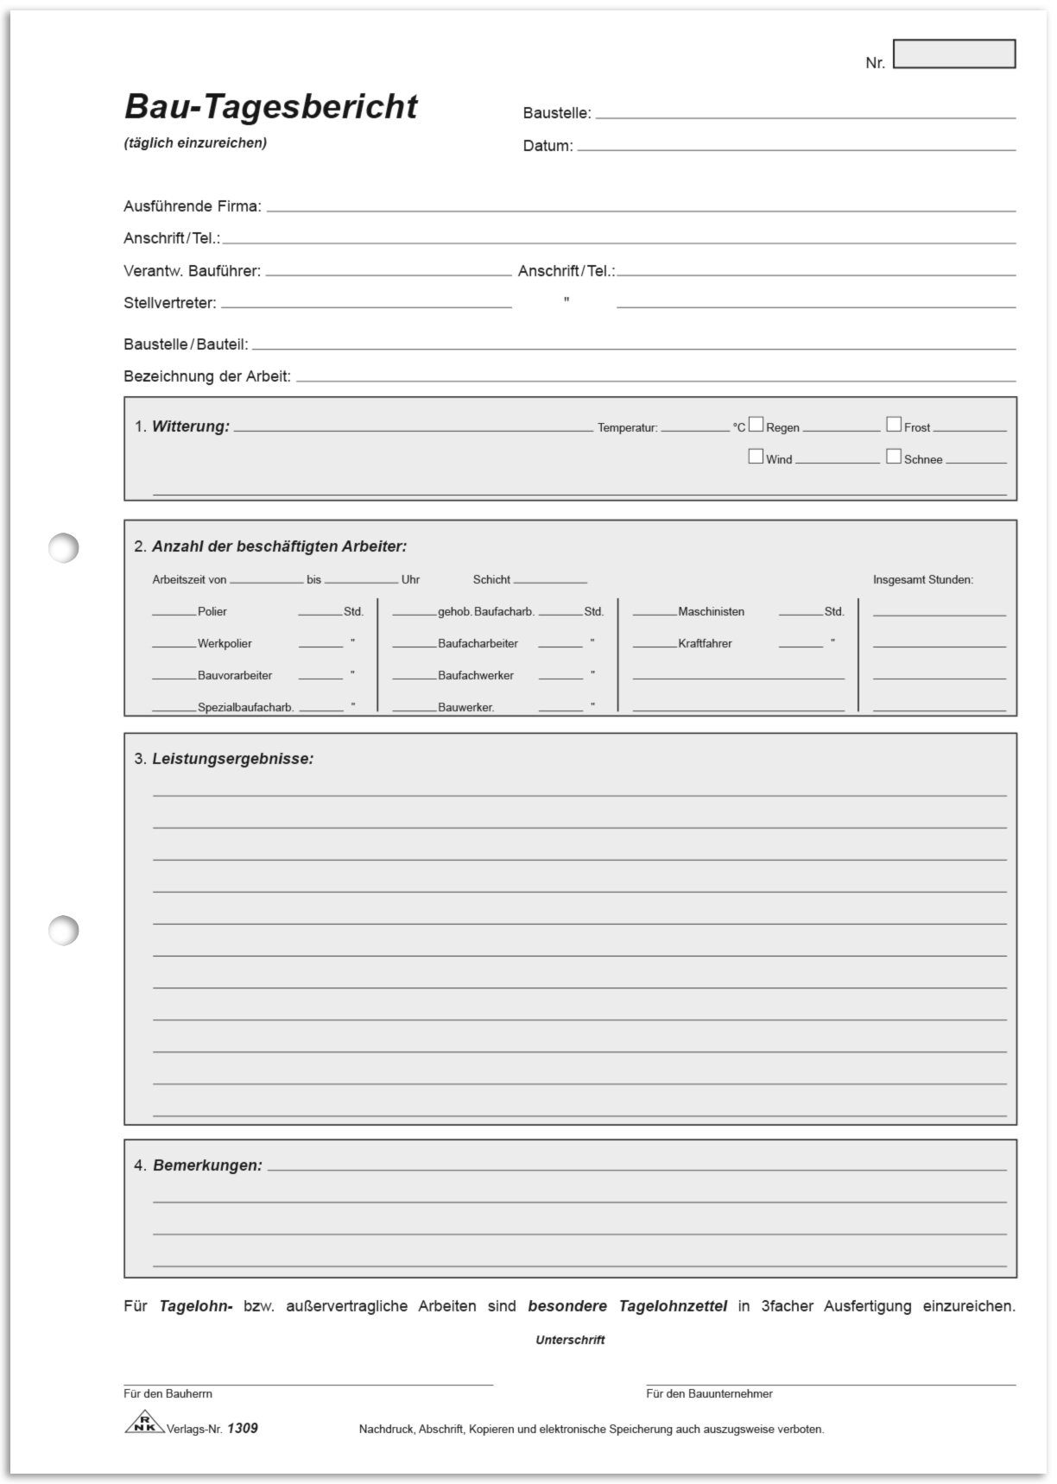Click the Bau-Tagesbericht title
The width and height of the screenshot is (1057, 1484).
click(270, 107)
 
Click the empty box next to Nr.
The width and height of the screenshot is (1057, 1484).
click(953, 54)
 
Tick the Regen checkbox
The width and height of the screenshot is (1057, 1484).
click(756, 425)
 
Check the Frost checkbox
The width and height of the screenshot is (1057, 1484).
click(894, 425)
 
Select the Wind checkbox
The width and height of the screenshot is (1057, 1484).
click(756, 457)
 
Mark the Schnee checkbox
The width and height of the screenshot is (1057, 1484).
click(894, 457)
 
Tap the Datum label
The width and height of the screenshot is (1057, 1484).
click(547, 146)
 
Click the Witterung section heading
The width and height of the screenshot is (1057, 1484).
click(190, 426)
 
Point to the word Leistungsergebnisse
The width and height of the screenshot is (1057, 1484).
click(232, 759)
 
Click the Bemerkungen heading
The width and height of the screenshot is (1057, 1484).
click(207, 1165)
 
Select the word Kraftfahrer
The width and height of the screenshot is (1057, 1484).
click(705, 644)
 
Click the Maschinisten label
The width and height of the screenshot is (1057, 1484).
click(711, 612)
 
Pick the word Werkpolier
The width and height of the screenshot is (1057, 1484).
click(225, 644)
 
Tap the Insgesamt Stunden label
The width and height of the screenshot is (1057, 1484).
click(922, 580)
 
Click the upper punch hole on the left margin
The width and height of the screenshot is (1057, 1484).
click(63, 547)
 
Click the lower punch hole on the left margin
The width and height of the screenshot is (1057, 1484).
click(63, 931)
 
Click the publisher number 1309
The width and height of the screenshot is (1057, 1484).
click(243, 1429)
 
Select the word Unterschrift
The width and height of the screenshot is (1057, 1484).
click(570, 1340)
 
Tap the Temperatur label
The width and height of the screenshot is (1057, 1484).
click(627, 428)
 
